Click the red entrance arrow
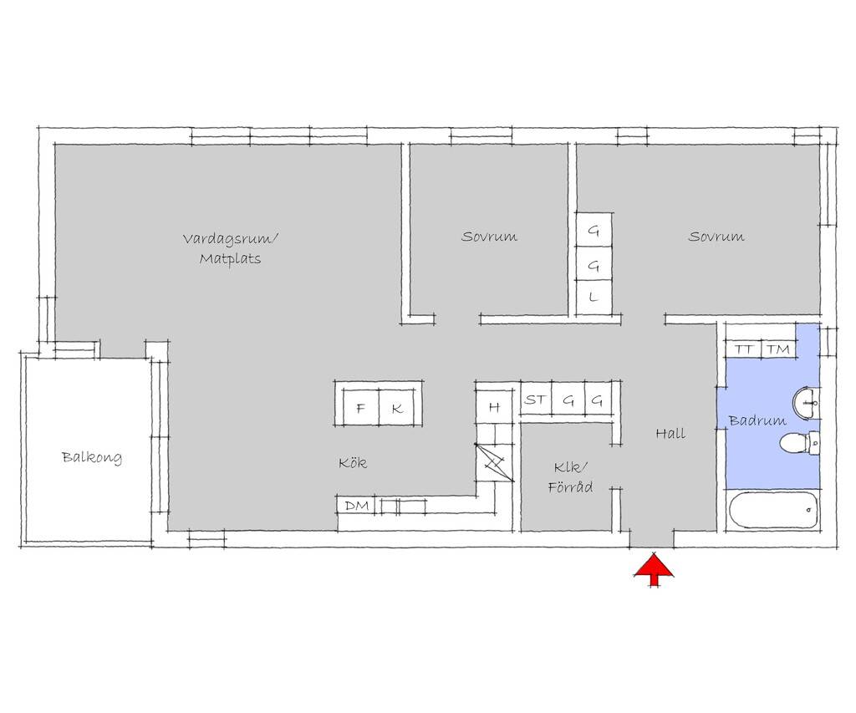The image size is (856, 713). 654,569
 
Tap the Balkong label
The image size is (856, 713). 92,457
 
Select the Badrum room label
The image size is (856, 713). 757,420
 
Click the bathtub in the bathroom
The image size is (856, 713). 773,510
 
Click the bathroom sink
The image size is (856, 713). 806,403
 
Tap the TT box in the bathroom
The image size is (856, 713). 743,349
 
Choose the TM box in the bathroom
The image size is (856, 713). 778,349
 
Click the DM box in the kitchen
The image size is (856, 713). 356,506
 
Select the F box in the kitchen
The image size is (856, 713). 360,408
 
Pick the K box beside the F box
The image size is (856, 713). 397,408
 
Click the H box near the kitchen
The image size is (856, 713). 494,407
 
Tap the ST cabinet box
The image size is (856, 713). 535,400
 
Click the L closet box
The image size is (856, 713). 594,298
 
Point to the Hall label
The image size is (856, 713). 670,434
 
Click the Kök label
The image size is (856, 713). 353,463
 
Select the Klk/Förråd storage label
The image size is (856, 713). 570,477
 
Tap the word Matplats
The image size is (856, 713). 230,259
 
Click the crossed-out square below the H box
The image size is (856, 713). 494,462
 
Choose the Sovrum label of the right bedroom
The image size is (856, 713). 716,237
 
